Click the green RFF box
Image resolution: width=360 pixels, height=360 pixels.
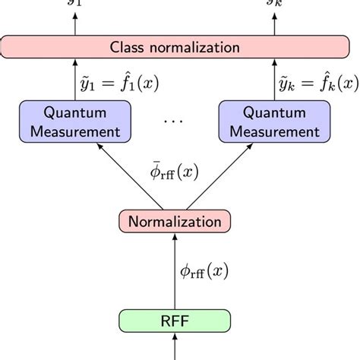175,319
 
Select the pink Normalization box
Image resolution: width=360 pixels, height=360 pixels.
175,222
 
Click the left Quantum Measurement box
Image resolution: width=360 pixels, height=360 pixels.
74,122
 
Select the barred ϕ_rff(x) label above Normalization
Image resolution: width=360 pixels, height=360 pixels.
175,172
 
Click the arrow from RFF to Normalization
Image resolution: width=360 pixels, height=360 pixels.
175,270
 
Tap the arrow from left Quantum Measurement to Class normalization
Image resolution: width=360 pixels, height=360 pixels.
74,81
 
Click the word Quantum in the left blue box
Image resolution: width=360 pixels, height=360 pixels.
74,114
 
